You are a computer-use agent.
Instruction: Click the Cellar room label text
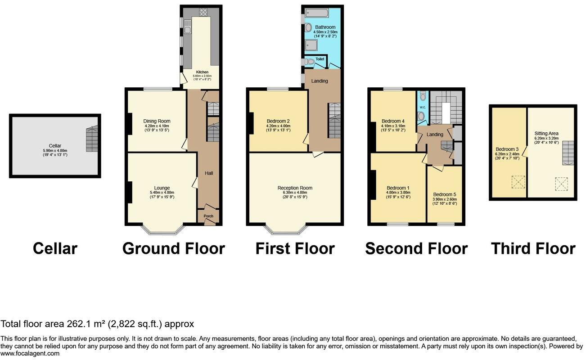click(55, 146)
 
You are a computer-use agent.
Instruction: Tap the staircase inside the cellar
click(92, 139)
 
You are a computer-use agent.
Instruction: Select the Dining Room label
click(157, 121)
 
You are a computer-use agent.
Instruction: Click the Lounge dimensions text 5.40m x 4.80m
click(162, 193)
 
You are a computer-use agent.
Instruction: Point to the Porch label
click(208, 216)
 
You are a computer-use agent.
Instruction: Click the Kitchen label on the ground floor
click(201, 72)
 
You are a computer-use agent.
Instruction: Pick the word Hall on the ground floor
click(209, 173)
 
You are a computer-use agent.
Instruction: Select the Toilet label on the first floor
click(320, 59)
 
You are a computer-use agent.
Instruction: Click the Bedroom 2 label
click(278, 121)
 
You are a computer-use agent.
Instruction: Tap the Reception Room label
click(295, 188)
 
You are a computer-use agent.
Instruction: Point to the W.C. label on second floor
click(422, 107)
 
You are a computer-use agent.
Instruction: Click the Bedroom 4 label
click(393, 121)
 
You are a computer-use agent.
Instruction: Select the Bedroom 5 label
click(444, 194)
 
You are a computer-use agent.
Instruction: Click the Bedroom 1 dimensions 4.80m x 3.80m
click(398, 193)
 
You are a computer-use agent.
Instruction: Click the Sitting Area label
click(546, 134)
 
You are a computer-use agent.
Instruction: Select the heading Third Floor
click(533, 248)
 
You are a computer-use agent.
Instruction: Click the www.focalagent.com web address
click(30, 354)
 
